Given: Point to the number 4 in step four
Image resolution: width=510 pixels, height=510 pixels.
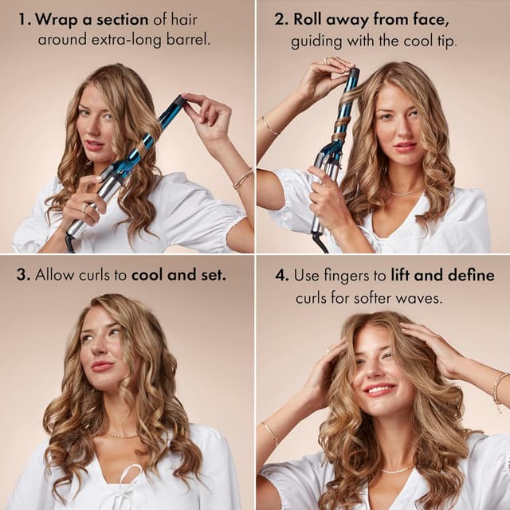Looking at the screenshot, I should click(x=280, y=276).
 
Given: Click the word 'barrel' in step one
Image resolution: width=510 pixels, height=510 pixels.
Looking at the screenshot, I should click(x=190, y=37).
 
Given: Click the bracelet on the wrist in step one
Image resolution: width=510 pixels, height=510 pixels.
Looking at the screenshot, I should click(x=242, y=179).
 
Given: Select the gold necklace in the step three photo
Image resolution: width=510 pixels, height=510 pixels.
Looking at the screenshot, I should click(x=122, y=435).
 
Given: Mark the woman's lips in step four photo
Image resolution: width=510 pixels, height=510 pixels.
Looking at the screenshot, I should click(x=380, y=390).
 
